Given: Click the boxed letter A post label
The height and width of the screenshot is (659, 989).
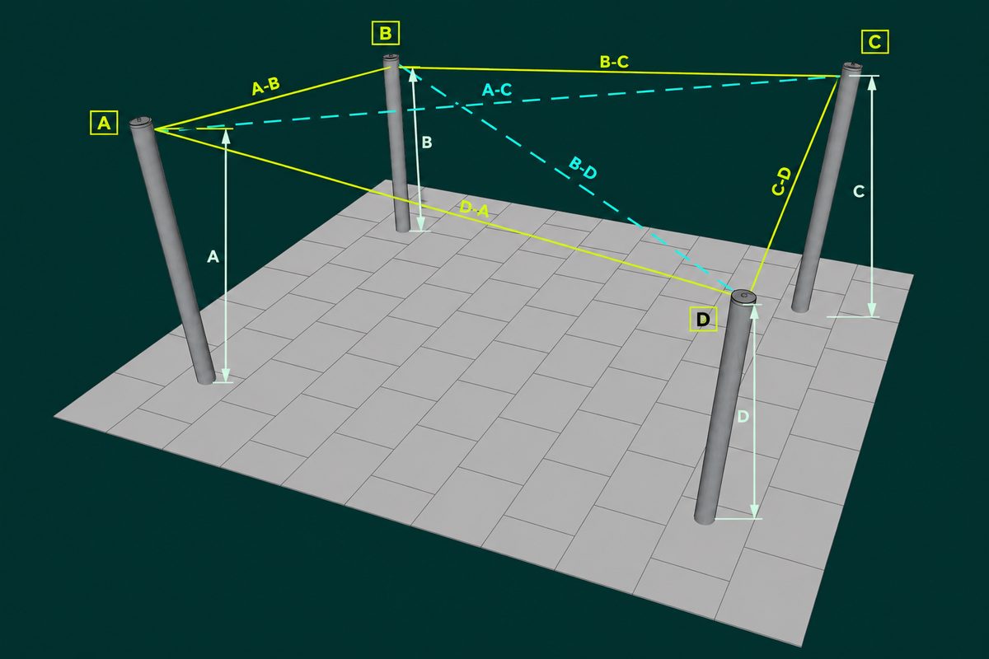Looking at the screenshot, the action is pos(104,123).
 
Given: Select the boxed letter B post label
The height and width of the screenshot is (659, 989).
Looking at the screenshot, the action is pos(386,33).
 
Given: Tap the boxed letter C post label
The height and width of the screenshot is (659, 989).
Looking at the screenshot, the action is pos(874,42).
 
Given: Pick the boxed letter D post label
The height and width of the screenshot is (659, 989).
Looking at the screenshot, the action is pos(703,319).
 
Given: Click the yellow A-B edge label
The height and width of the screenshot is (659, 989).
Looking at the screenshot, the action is pos(265,86).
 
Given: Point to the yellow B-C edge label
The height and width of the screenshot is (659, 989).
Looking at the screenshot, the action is pos(614,62).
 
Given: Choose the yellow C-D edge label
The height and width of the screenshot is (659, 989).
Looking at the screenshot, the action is pos(781,181).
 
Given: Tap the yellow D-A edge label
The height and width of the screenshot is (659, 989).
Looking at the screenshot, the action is pos(475,208).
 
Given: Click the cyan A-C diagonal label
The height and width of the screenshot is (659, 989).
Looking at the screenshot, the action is pos(497,90).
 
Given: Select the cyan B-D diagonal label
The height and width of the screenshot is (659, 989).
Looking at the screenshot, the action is pos(583,168).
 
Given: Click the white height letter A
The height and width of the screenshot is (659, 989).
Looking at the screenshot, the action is pos(213,257).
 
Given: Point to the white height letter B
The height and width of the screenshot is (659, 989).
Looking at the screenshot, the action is pos(427,143).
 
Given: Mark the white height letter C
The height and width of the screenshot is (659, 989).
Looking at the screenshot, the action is pos(859,192).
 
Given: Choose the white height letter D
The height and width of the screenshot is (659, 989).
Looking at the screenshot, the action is pos(743,417).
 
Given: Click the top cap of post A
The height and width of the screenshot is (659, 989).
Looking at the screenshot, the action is pos(141,121).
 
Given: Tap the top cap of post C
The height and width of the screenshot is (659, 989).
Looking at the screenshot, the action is pos(851,67).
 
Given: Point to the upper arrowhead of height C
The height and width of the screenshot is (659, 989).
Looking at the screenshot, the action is pos(872,83).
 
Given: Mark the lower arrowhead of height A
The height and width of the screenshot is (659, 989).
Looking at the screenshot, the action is pos(226,375).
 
